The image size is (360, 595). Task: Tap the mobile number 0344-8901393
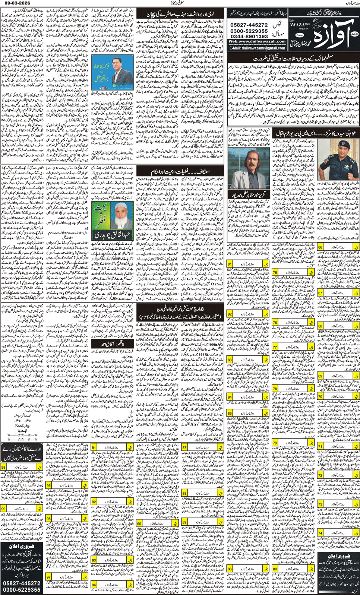[249, 37]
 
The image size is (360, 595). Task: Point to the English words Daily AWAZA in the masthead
[297, 23]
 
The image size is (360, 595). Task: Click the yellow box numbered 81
[230, 264]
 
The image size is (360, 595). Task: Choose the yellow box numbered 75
[275, 272]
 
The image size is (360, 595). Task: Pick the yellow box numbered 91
[94, 447]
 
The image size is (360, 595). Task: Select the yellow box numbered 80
[275, 569]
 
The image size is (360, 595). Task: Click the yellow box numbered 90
[139, 523]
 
